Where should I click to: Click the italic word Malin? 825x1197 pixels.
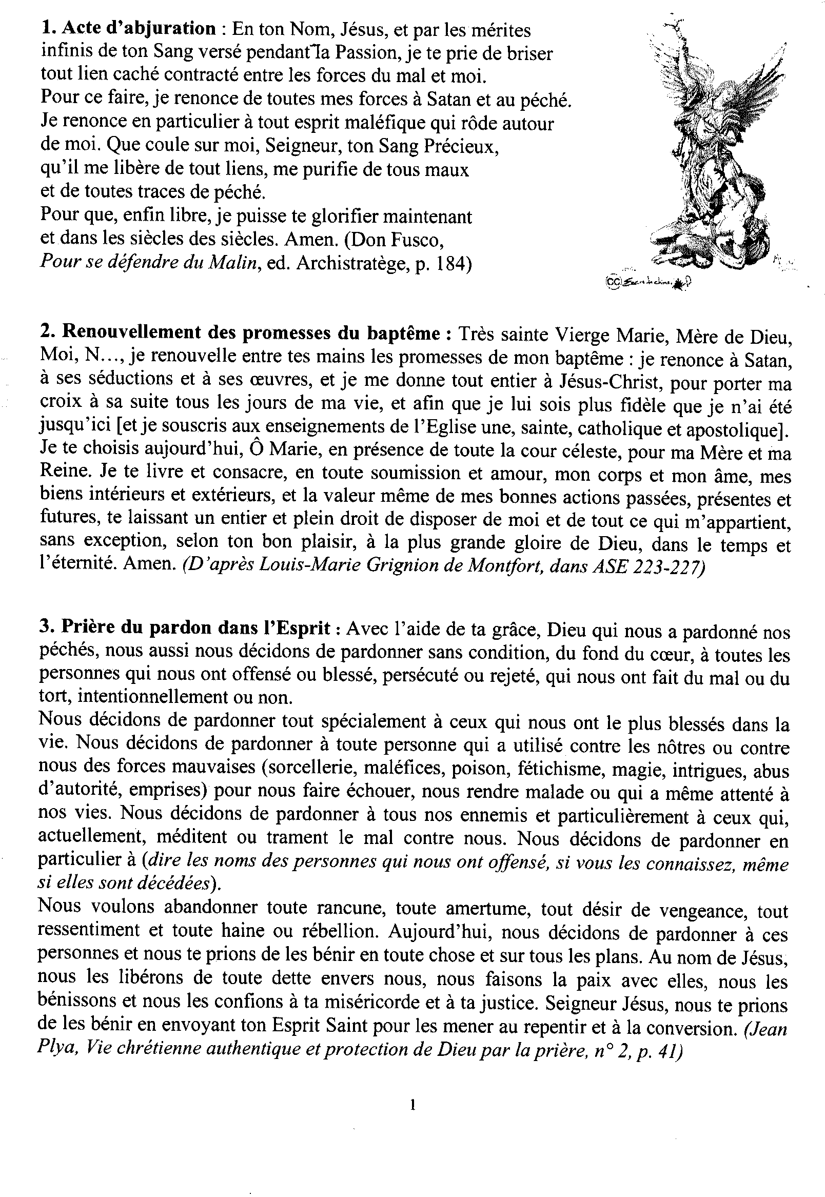point(232,263)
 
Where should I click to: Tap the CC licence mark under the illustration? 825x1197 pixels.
point(613,281)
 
